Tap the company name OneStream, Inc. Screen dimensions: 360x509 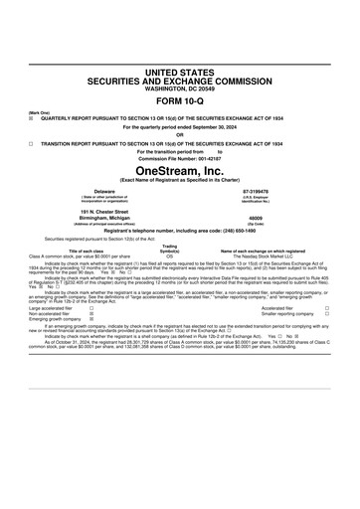pos(180,172)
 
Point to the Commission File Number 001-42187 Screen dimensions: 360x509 pos(180,159)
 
